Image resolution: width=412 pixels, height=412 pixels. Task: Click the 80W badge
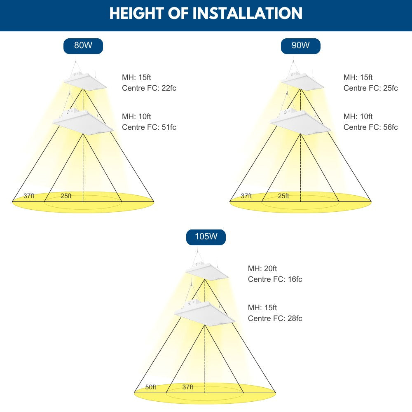[x=83, y=46]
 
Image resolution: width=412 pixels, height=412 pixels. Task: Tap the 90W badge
[x=301, y=46]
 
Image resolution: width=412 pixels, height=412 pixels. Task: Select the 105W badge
[x=206, y=237]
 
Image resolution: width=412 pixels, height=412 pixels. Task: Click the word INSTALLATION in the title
[x=248, y=13]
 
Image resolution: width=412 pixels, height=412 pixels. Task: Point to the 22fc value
[x=169, y=88]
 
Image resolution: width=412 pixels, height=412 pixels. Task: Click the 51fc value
[x=169, y=127]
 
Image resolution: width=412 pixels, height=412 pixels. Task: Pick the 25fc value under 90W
[x=391, y=88]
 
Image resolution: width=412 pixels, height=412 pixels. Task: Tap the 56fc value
[x=391, y=127]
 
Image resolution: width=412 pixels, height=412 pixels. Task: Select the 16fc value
[x=295, y=279]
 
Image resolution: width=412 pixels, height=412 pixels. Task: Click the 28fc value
[x=295, y=318]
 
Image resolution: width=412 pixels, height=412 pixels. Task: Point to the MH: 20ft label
[x=262, y=268]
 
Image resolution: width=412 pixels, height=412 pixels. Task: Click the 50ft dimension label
[x=150, y=387]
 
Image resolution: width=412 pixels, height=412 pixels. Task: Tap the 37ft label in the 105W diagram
[x=187, y=387]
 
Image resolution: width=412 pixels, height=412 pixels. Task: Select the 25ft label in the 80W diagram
[x=66, y=196]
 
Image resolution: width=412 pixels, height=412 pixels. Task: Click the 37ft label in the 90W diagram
[x=246, y=196]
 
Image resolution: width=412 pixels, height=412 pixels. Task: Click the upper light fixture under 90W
[x=302, y=81]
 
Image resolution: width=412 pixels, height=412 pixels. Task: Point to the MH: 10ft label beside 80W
[x=136, y=117]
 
